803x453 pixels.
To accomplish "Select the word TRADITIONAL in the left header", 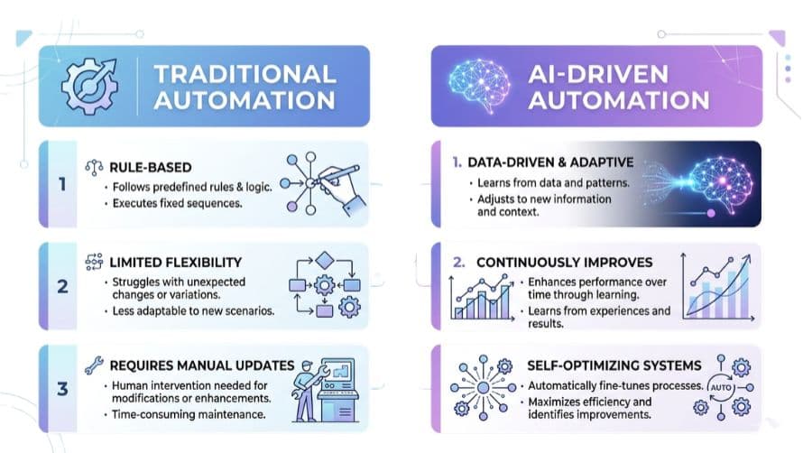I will (x=245, y=73).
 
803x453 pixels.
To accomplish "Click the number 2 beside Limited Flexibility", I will (x=62, y=286).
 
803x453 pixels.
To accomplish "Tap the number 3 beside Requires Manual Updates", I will (x=62, y=390).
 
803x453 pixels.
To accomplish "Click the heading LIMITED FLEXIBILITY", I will (x=175, y=262).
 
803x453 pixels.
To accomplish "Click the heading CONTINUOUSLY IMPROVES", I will (x=564, y=263).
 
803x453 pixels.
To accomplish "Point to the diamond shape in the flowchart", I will (x=325, y=261).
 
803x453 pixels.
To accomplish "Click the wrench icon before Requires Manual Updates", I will (x=92, y=365).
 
